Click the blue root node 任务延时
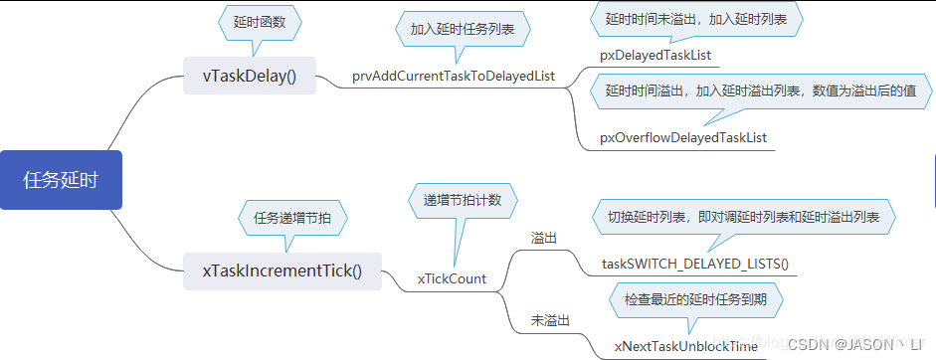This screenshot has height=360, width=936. tap(61, 180)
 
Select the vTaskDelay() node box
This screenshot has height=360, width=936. tap(250, 77)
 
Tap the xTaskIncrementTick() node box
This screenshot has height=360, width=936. tap(283, 270)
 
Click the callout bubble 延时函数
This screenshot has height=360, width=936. tap(259, 22)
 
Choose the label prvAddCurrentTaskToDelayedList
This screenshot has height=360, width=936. tap(453, 77)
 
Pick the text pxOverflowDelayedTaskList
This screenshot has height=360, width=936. tap(682, 136)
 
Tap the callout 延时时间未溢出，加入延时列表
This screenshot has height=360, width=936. tap(696, 18)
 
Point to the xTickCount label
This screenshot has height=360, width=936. tap(452, 278)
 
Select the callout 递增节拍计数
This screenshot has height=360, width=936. tap(463, 200)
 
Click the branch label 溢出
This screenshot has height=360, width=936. tap(544, 239)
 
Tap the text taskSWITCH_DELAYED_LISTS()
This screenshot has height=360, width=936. tap(694, 264)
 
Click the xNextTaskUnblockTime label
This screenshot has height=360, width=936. tap(685, 345)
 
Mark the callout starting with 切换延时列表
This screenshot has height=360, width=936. tap(745, 217)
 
